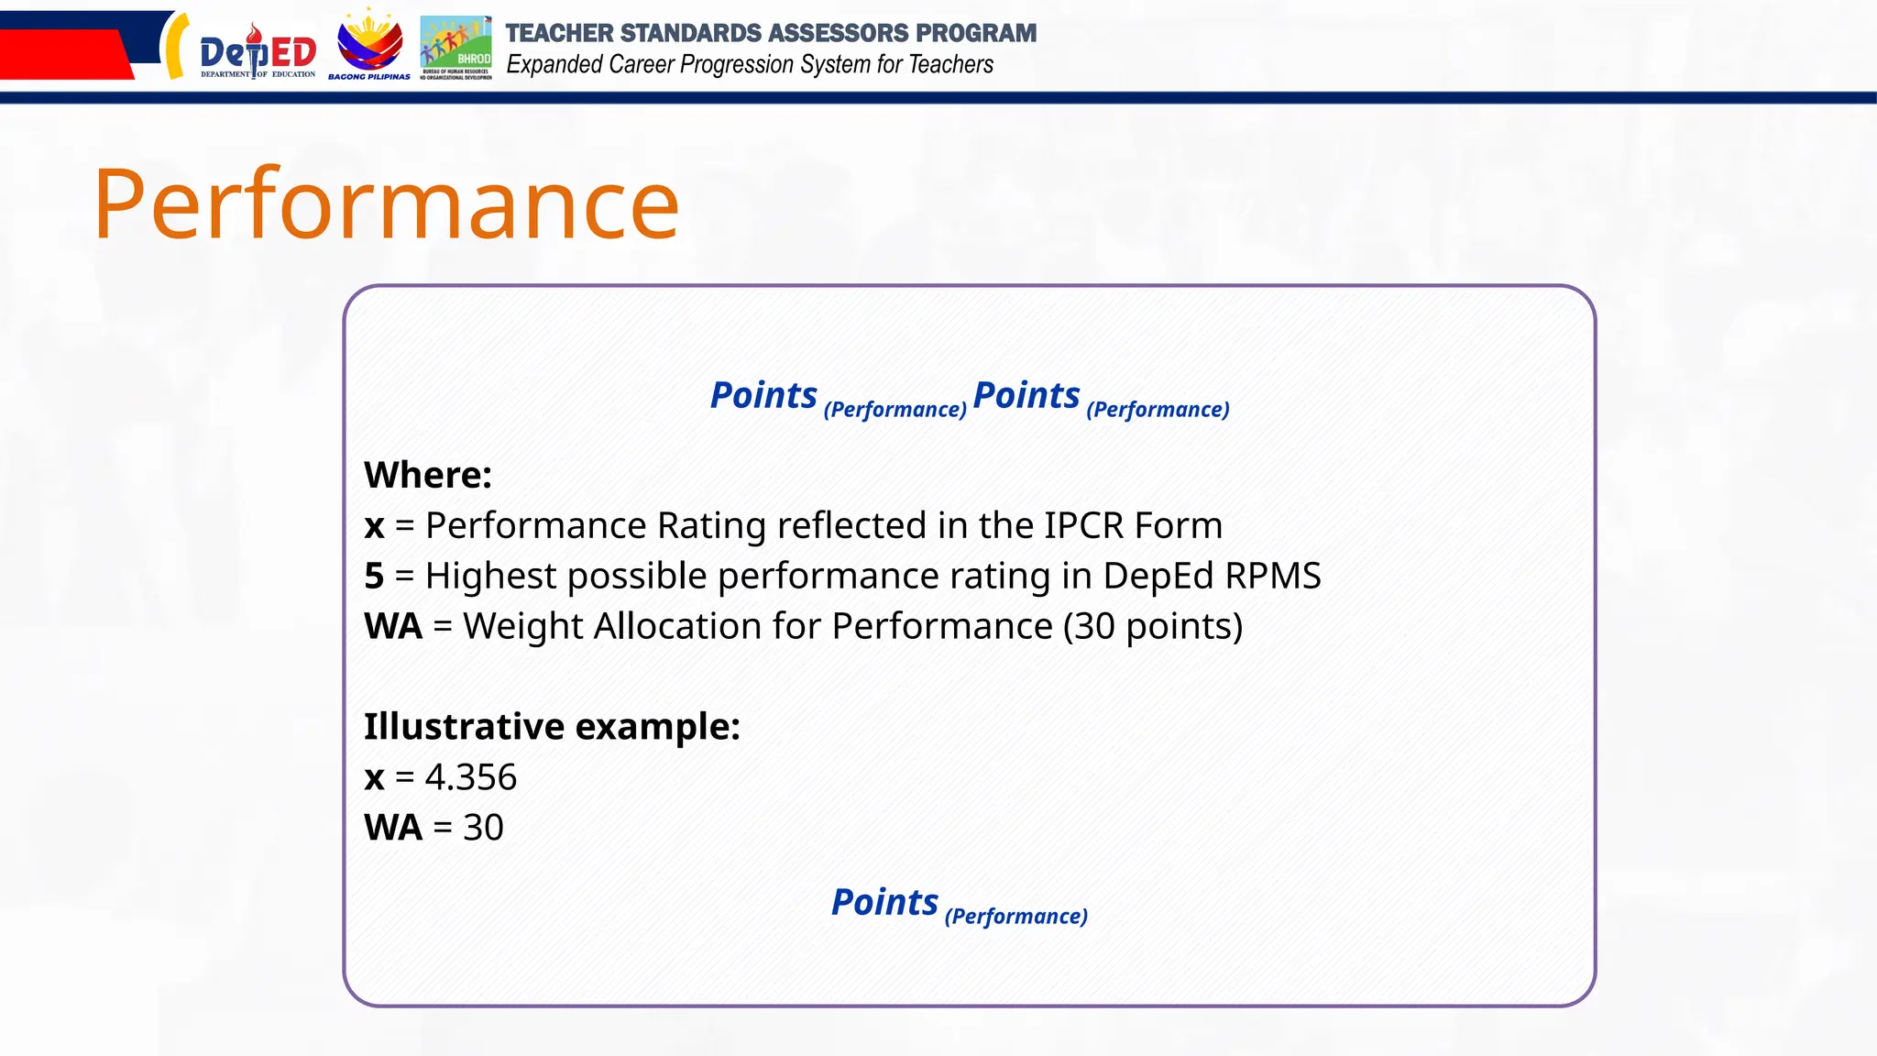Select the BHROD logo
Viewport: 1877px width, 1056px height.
click(x=456, y=48)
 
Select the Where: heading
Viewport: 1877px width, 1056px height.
click(x=428, y=475)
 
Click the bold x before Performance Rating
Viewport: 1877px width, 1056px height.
click(x=374, y=526)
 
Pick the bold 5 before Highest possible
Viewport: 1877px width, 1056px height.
click(x=373, y=577)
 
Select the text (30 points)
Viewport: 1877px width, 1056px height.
click(x=1152, y=627)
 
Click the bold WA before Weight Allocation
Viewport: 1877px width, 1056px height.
click(x=393, y=627)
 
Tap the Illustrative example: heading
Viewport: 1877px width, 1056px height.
click(x=552, y=727)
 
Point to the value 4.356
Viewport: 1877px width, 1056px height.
click(x=471, y=777)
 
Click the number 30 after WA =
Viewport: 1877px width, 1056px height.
click(x=483, y=828)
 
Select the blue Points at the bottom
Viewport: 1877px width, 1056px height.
click(x=884, y=903)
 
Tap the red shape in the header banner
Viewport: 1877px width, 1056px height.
click(x=64, y=55)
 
